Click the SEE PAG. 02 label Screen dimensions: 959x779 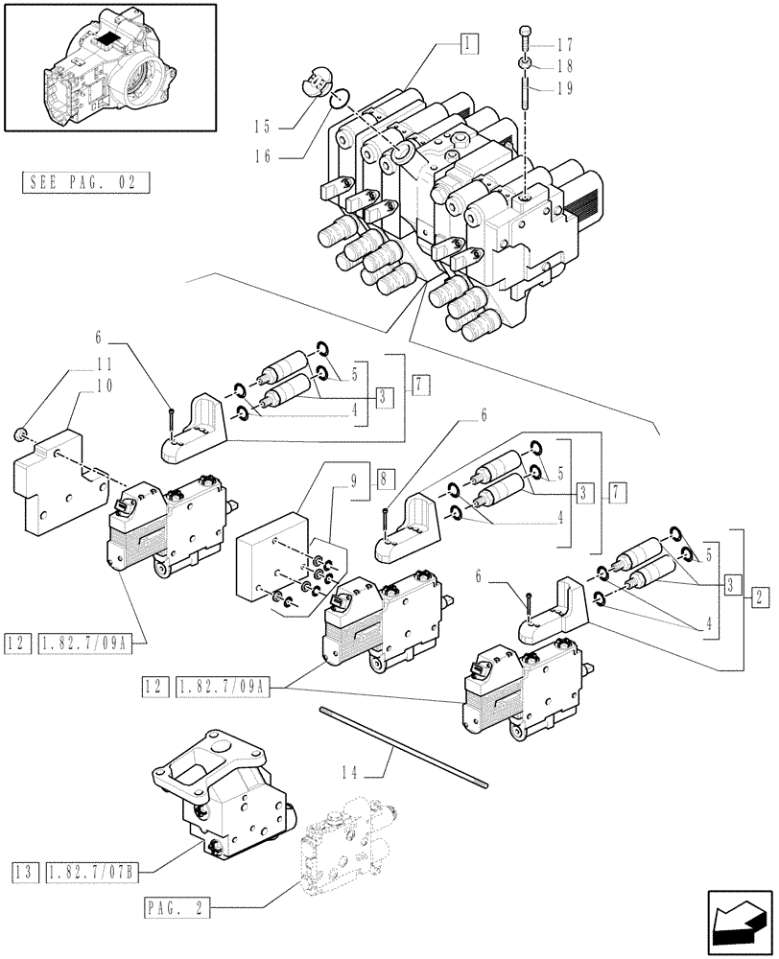[x=84, y=181]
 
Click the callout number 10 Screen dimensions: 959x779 [x=104, y=386]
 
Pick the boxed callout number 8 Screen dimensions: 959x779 [x=383, y=477]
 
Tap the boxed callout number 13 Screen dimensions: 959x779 [x=23, y=871]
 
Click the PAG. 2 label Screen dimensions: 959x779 [x=179, y=905]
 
